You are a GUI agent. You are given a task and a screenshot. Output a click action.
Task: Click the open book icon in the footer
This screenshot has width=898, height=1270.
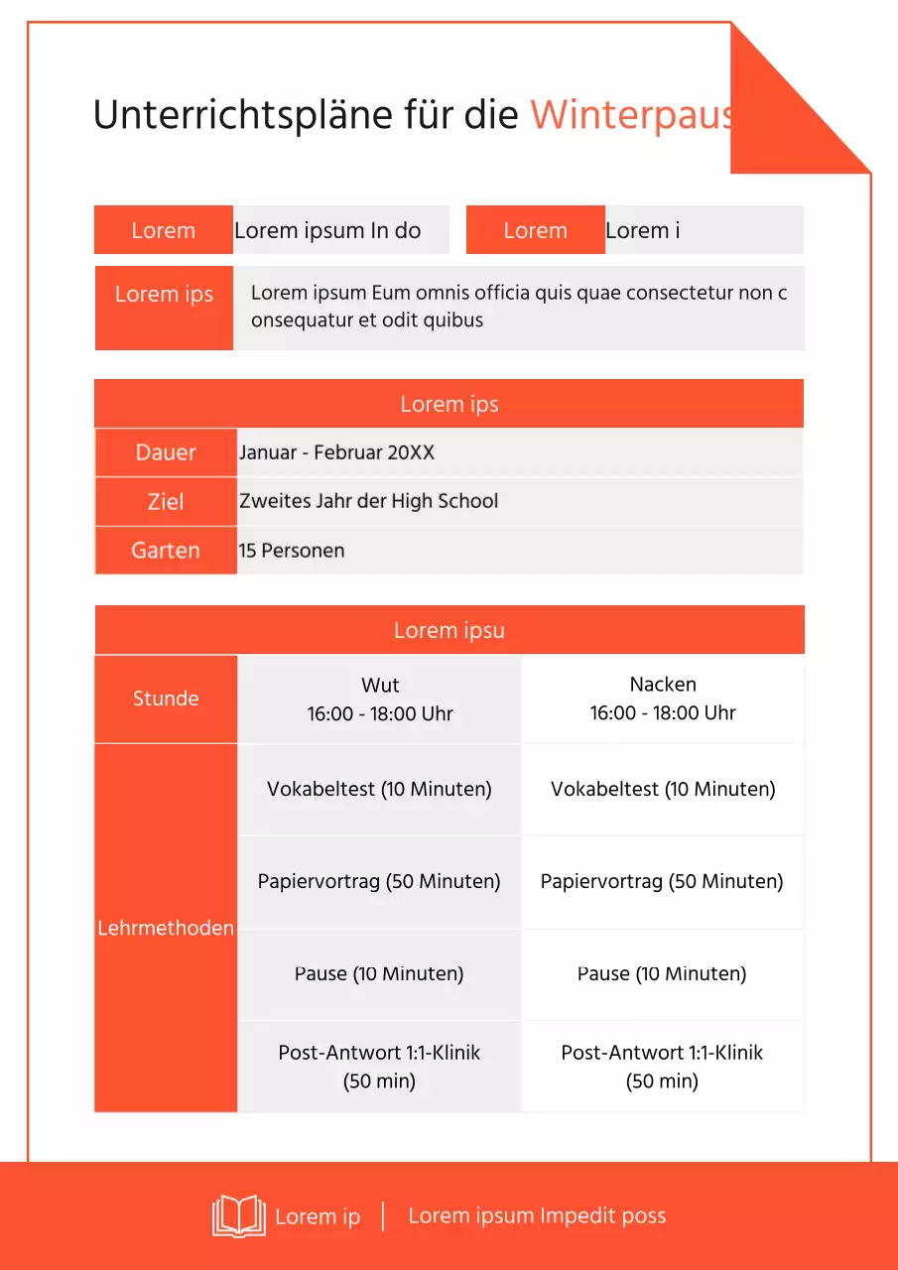(x=239, y=1215)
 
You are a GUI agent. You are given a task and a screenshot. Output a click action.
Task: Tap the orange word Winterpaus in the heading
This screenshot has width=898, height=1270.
(x=631, y=115)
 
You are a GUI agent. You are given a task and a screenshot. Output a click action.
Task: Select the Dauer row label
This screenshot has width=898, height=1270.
(x=166, y=452)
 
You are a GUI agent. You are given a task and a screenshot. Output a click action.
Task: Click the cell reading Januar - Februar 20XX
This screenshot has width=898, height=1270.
(x=336, y=452)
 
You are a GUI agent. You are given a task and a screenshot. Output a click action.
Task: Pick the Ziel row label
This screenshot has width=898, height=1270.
(x=166, y=502)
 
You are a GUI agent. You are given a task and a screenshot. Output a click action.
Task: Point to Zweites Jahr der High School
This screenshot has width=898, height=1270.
(x=368, y=501)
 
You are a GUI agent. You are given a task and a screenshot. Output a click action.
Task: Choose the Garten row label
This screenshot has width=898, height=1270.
(x=166, y=551)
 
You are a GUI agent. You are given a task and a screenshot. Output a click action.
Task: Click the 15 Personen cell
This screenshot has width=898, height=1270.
(x=292, y=551)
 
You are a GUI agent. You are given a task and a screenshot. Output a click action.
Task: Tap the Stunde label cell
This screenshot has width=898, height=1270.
(x=166, y=698)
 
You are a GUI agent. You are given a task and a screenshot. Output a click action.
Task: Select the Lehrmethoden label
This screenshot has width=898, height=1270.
(x=166, y=928)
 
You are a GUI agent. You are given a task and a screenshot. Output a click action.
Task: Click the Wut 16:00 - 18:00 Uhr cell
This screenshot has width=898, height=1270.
(x=380, y=699)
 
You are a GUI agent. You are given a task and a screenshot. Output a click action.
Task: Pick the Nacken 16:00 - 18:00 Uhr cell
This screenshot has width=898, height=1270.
(x=663, y=698)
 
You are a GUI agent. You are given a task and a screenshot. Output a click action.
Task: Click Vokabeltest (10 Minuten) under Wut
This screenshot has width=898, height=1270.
(x=379, y=790)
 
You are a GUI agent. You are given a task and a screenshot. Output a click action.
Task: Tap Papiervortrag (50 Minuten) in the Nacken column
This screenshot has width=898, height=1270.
(x=662, y=881)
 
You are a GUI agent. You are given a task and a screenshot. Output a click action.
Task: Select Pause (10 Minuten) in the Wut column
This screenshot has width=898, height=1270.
(x=379, y=973)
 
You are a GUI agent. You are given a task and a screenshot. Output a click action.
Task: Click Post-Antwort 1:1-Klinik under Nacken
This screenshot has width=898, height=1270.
(x=662, y=1067)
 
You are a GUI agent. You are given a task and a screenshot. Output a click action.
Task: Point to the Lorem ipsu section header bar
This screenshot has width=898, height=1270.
(x=449, y=630)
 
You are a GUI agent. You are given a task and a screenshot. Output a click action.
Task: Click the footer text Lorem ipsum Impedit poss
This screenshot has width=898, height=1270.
(x=537, y=1216)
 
